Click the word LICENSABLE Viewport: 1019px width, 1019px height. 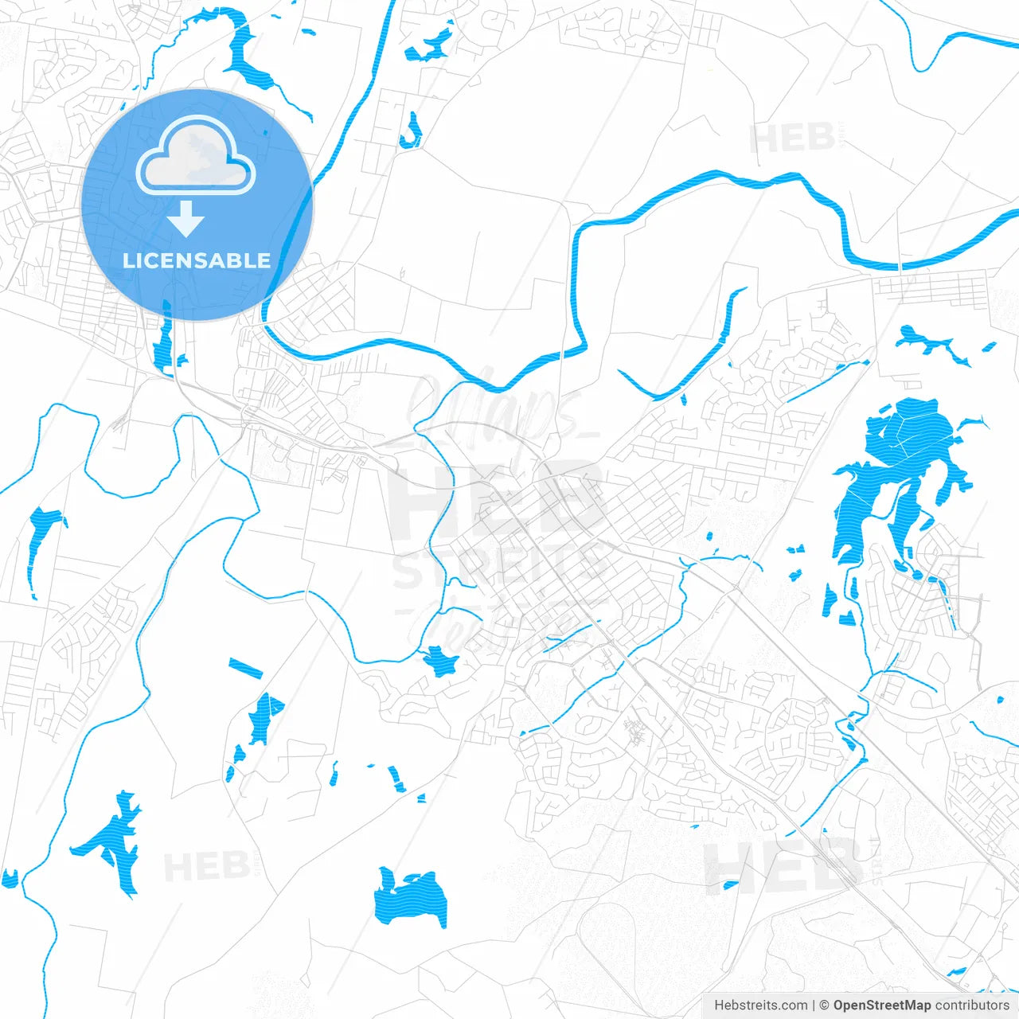coord(197,260)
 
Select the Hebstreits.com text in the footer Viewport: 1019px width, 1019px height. coord(760,1005)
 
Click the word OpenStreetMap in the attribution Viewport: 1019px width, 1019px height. coord(881,1005)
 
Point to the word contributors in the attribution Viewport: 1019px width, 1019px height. coord(972,1005)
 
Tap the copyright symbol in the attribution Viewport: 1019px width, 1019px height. coord(824,1005)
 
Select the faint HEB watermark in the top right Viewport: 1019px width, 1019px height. coord(792,139)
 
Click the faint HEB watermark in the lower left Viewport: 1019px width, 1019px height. coord(205,866)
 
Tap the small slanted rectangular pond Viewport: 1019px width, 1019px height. coord(245,668)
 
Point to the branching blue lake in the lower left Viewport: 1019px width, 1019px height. coord(111,840)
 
